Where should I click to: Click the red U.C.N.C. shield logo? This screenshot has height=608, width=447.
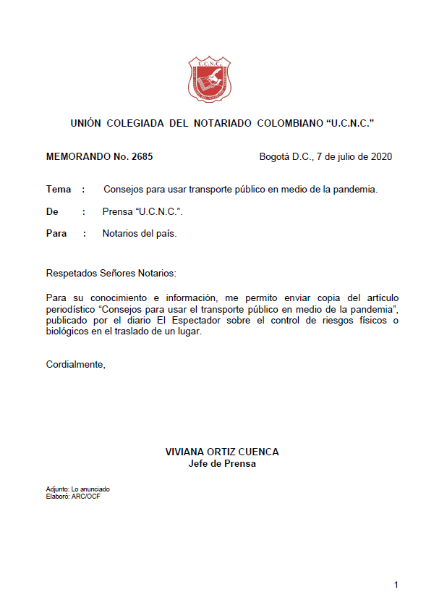pyautogui.click(x=210, y=79)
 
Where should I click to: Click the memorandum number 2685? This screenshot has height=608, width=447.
pyautogui.click(x=140, y=156)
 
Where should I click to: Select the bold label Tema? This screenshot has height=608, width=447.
pyautogui.click(x=59, y=190)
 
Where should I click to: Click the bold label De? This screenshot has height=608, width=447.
pyautogui.click(x=52, y=211)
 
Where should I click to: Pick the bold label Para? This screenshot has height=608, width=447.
pyautogui.click(x=56, y=233)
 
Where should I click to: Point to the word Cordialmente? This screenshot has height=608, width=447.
pyautogui.click(x=75, y=364)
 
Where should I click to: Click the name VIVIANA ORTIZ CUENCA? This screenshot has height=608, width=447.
pyautogui.click(x=222, y=452)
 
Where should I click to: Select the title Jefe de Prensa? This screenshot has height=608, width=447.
pyautogui.click(x=222, y=463)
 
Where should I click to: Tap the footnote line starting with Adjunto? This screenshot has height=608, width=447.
pyautogui.click(x=78, y=489)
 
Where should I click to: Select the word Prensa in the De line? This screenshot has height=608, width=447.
pyautogui.click(x=118, y=211)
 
